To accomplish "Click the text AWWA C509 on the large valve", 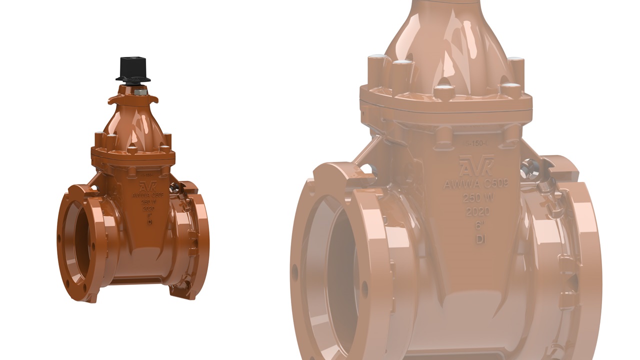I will coord(476,184).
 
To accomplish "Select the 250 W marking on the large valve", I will coord(477,198).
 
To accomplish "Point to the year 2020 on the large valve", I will coord(477,211).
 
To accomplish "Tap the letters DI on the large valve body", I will coord(480,239).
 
